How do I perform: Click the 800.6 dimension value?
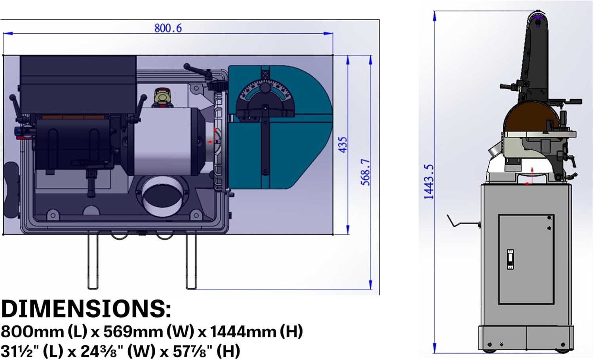(x=168, y=28)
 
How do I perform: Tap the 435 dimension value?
(x=343, y=145)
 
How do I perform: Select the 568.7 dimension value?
(x=366, y=172)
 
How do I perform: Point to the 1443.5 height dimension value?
(x=429, y=181)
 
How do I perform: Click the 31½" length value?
(x=20, y=351)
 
